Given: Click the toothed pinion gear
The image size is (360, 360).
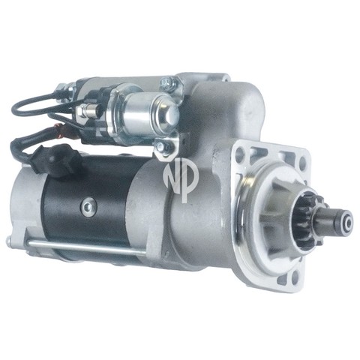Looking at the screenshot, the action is pyautogui.click(x=310, y=219).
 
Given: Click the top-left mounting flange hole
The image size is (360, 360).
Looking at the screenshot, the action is pyautogui.click(x=239, y=151).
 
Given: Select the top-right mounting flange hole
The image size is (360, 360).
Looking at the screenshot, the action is pyautogui.click(x=302, y=160).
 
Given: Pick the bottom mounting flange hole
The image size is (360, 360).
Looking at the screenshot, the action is pyautogui.click(x=295, y=276).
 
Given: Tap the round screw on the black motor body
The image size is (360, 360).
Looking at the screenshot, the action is pyautogui.click(x=88, y=206).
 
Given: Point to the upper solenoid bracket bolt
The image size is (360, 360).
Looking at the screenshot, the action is pyautogui.click(x=166, y=82).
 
